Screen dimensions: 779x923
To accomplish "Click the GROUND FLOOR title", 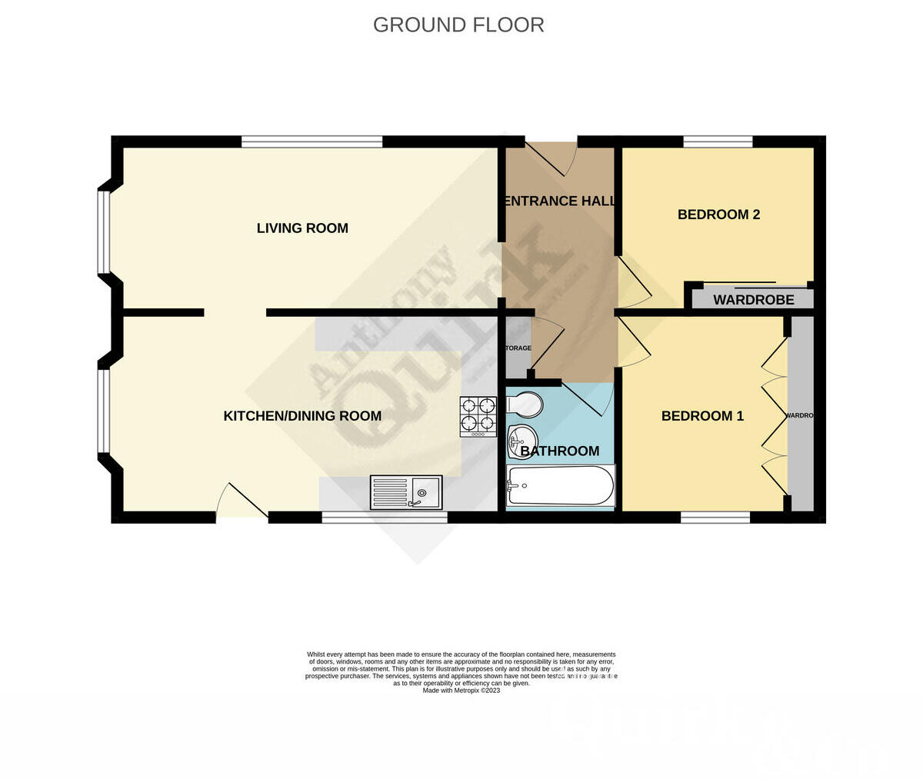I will (458, 25).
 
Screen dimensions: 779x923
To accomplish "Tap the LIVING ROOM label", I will (302, 228).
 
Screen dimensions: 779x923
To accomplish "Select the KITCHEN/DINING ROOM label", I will (302, 416).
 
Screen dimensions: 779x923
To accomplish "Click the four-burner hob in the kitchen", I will (478, 416).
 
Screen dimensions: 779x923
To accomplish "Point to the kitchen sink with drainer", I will (406, 492).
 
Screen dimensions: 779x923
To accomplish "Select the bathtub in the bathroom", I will (561, 485).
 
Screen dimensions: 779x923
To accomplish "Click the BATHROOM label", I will (560, 451).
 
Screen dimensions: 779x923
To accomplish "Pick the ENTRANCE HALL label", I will (558, 201).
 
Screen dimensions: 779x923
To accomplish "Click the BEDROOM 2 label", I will (718, 215).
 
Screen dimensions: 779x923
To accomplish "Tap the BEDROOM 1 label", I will (702, 416).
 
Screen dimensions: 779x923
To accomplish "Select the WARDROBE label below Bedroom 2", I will (753, 300).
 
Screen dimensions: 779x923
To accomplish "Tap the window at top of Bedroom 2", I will (718, 141).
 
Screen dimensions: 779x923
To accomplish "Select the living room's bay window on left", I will (103, 231).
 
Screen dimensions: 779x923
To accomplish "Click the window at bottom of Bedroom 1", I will (715, 518).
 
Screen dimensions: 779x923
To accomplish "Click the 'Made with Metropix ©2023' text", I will (461, 691).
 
